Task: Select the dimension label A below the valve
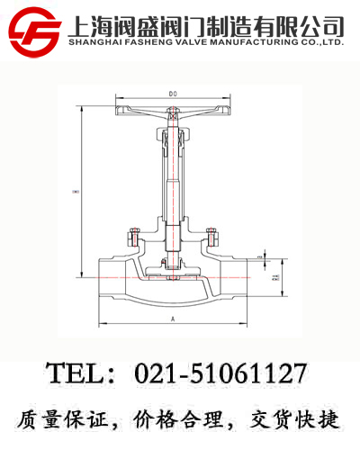[171, 319]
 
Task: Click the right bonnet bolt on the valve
[211, 240]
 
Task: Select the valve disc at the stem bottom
[172, 263]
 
